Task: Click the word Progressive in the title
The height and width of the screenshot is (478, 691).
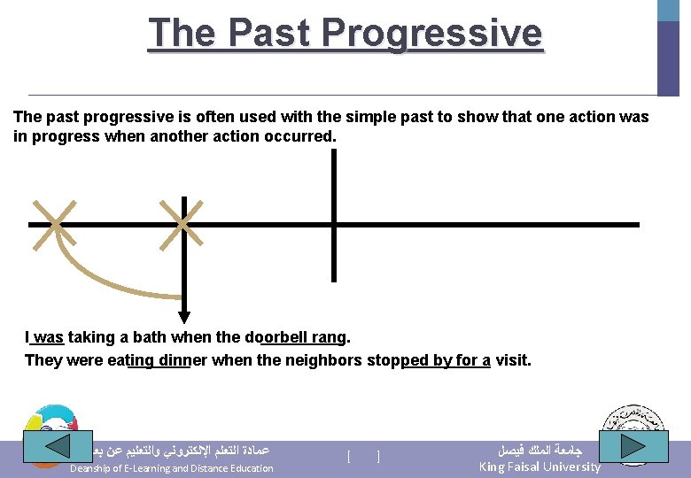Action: (431, 33)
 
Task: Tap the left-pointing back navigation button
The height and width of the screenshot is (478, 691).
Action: (57, 446)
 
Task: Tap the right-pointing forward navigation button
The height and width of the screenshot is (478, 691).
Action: (633, 446)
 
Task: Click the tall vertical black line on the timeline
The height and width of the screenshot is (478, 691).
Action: (334, 214)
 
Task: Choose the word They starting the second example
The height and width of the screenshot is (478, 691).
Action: (43, 360)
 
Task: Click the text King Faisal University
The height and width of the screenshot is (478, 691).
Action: (540, 466)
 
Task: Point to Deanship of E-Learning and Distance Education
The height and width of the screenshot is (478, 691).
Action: (172, 468)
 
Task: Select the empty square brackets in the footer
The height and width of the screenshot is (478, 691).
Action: (363, 457)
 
